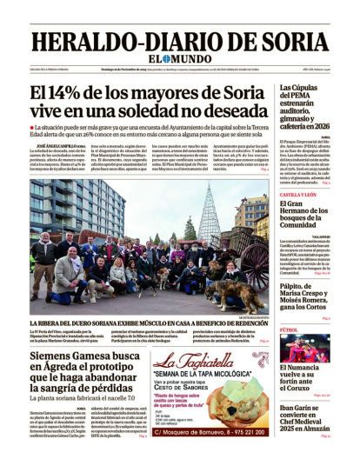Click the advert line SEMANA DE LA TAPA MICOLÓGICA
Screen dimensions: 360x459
[x=201, y=376]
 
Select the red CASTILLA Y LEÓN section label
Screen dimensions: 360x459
[x=299, y=195]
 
